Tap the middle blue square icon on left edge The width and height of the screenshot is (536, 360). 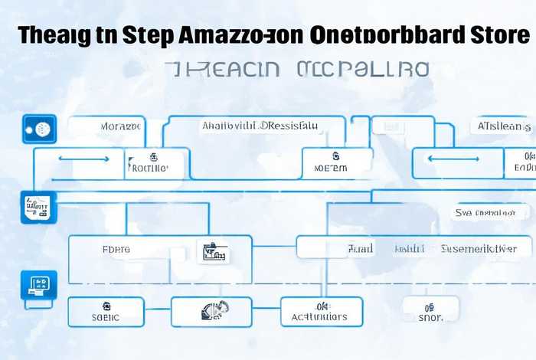click(x=35, y=207)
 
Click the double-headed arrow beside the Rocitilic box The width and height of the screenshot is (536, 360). click(x=83, y=159)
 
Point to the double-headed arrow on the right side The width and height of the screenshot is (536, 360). click(x=452, y=159)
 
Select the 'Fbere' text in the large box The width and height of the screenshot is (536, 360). click(x=116, y=249)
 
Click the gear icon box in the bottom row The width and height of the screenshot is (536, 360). click(x=211, y=311)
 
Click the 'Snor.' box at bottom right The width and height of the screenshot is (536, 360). click(x=430, y=311)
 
